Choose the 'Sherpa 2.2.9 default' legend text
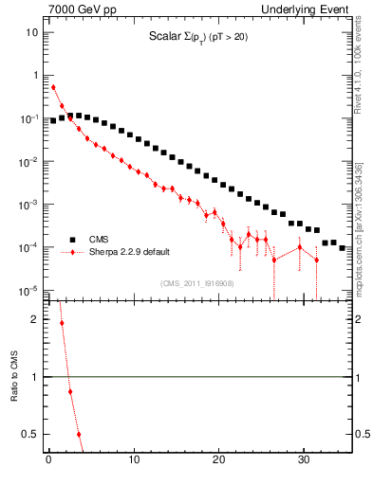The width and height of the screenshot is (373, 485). (x=130, y=253)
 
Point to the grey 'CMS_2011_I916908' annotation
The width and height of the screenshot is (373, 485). (x=196, y=283)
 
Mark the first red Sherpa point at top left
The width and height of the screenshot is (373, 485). (x=53, y=87)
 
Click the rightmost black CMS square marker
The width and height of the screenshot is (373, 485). (x=343, y=247)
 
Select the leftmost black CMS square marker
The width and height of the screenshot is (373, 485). (x=53, y=121)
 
